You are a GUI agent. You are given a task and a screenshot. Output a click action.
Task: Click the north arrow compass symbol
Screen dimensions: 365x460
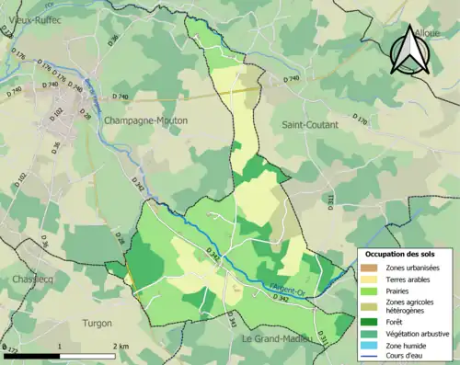(408, 50)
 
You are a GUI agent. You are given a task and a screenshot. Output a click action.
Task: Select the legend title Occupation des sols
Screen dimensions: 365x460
(401, 253)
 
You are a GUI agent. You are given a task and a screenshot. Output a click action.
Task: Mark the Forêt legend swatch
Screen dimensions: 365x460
(370, 321)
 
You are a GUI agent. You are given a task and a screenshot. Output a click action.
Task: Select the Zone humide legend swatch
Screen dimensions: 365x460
(370, 345)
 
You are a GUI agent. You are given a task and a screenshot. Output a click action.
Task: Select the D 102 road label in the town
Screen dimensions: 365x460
(57, 112)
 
